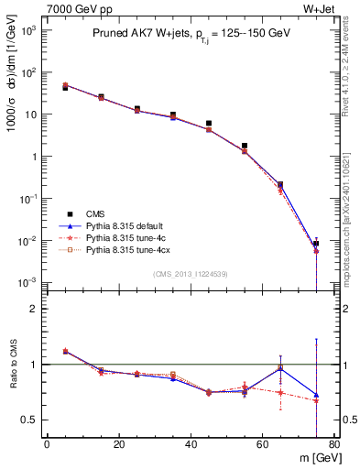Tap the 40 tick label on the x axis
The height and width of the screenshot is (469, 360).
pyautogui.click(x=191, y=445)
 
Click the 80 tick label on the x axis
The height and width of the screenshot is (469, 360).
pyautogui.click(x=333, y=445)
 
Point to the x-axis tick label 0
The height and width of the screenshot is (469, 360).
pyautogui.click(x=47, y=445)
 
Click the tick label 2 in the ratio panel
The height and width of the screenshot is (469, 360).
pyautogui.click(x=35, y=309)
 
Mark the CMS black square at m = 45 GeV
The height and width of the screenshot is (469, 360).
pyautogui.click(x=209, y=123)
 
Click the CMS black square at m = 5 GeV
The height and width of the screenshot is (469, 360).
pyautogui.click(x=65, y=88)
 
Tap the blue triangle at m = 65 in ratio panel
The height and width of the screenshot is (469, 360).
pyautogui.click(x=280, y=368)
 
